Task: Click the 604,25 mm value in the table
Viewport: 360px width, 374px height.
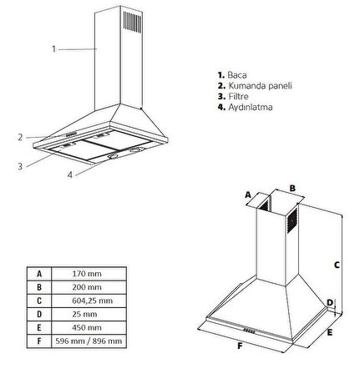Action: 92,301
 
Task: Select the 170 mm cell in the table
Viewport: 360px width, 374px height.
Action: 87,274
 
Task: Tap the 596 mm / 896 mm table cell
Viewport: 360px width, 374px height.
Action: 89,341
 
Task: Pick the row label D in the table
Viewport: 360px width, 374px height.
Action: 39,314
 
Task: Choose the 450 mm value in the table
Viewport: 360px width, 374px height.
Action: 87,327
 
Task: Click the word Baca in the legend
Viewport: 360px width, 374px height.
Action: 237,75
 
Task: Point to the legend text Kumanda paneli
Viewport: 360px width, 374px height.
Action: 261,85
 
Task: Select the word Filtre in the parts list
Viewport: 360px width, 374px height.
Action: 238,96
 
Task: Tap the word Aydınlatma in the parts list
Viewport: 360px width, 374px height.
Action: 251,107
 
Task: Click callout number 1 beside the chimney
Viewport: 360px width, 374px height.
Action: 53,49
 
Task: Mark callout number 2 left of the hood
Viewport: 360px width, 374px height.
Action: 20,137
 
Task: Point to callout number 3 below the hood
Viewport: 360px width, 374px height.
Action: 20,166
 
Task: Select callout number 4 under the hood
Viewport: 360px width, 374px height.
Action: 70,174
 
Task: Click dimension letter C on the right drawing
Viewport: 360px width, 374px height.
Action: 337,265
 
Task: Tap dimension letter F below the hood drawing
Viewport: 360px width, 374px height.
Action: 240,346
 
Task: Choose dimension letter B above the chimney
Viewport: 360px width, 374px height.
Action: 292,189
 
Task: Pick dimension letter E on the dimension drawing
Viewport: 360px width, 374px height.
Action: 330,332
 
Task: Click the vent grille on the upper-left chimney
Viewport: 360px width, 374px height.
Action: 133,23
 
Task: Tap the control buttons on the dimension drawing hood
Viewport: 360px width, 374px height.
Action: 249,331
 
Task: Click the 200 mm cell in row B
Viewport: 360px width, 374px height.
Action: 87,287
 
